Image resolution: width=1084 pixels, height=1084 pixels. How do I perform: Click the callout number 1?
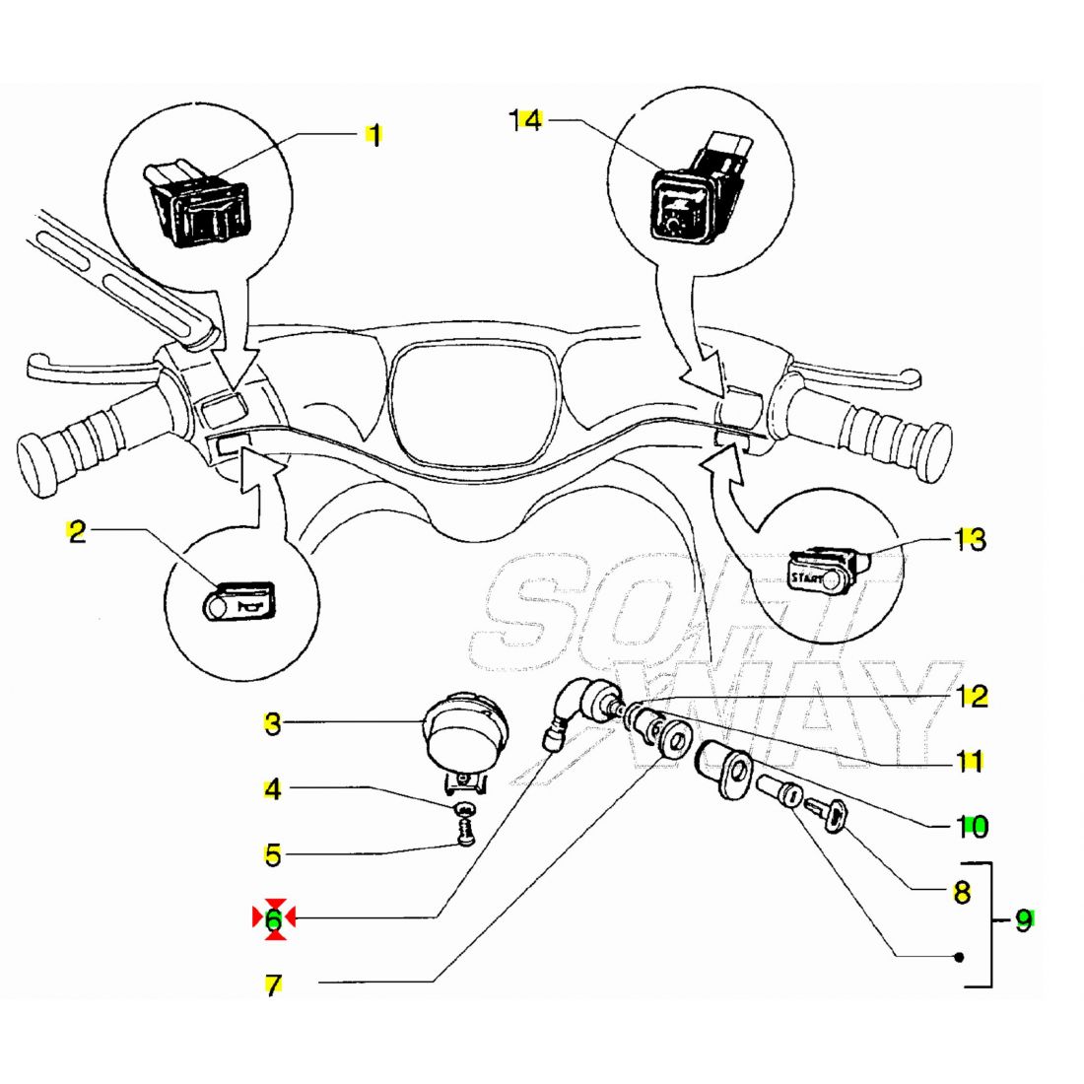point(373,134)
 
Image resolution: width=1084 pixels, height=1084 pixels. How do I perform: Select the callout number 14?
point(526,120)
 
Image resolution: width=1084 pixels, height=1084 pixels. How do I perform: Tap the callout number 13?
point(970,539)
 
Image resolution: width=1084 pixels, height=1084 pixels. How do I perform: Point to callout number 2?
point(77,532)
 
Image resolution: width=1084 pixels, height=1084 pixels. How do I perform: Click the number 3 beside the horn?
point(273,724)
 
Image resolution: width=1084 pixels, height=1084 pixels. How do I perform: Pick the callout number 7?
point(273,984)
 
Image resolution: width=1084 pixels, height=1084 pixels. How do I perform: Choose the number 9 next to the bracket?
point(1024,921)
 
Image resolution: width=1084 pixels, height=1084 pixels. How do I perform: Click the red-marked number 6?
point(274,919)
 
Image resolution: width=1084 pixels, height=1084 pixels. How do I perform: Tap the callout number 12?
point(972,697)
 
